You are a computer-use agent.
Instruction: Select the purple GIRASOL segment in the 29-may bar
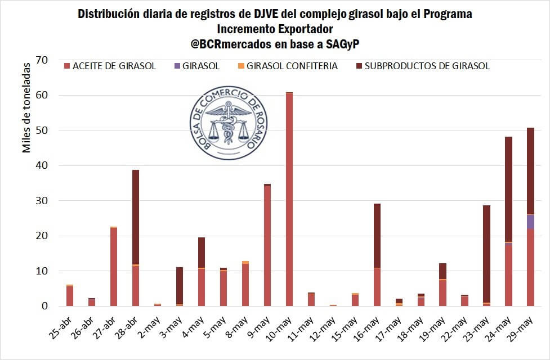pyautogui.click(x=530, y=222)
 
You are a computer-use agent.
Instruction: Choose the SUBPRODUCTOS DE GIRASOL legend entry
pyautogui.click(x=427, y=66)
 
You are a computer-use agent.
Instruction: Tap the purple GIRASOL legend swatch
pyautogui.click(x=178, y=66)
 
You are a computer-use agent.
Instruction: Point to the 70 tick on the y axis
pyautogui.click(x=42, y=60)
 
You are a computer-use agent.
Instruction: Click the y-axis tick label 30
pyautogui.click(x=42, y=201)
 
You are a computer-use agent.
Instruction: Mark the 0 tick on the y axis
pyautogui.click(x=45, y=306)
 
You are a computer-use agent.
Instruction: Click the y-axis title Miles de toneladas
pyautogui.click(x=26, y=107)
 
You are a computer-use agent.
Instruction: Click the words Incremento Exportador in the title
pyautogui.click(x=275, y=29)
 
